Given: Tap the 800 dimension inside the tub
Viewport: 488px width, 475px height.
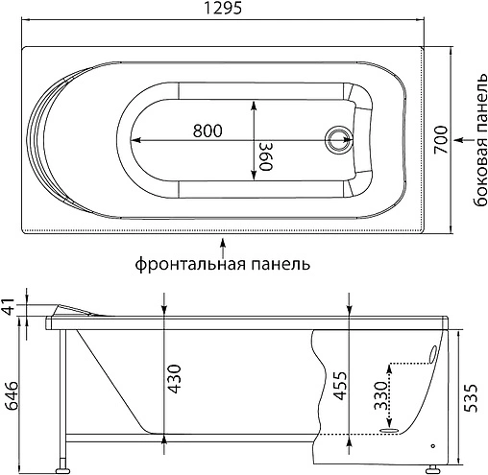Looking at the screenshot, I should coord(209,131).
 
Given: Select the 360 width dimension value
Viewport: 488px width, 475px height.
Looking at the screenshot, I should coord(266,154).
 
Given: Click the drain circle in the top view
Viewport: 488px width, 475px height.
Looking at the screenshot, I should coord(339,141).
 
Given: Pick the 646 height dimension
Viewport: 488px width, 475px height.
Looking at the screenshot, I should coord(12,393).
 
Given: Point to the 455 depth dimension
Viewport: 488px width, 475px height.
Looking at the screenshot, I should coord(342,385).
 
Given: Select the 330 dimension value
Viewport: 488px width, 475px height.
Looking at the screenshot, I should coord(381,395).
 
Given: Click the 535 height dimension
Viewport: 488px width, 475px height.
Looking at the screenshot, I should coord(472,392).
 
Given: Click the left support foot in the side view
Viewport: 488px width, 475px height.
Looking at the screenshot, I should coord(64,467).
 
